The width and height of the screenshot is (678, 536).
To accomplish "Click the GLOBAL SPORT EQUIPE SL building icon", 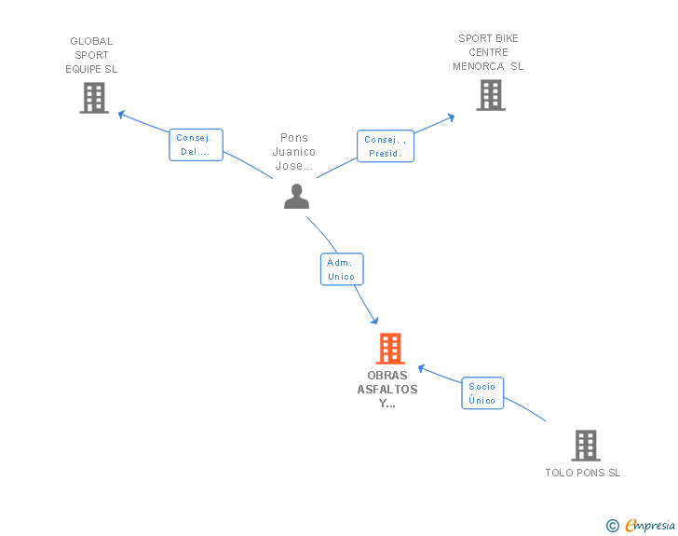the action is (94, 98).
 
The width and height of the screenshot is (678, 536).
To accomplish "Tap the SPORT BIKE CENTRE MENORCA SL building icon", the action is (491, 95).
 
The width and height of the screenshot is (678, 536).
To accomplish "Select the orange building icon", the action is (390, 349).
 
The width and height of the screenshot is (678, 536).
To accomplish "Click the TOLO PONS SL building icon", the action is (586, 446).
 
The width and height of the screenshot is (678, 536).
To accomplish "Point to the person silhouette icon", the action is (296, 197).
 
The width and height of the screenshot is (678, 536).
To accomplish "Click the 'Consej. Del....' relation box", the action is (196, 144).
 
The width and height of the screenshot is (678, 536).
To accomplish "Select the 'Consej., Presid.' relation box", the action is (386, 146).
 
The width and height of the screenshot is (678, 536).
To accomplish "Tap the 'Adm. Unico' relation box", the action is (342, 269).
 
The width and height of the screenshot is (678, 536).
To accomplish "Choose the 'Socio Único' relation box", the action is (482, 393).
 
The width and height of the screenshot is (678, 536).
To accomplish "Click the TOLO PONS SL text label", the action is (582, 473).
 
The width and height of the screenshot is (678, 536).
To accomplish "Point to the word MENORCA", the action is (479, 66).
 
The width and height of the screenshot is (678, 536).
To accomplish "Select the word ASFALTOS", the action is (387, 390).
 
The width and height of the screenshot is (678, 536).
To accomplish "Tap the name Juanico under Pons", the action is (294, 152).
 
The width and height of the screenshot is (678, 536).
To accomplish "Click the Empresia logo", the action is (641, 525).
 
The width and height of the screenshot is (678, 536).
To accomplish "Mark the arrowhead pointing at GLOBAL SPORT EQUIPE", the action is (121, 115).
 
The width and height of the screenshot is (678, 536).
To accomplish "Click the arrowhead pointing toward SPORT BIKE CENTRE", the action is (451, 117).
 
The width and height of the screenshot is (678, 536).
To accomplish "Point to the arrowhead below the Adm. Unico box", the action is (374, 321).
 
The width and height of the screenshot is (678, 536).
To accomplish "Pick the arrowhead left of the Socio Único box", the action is (422, 368).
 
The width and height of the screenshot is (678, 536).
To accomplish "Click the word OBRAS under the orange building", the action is (387, 376).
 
